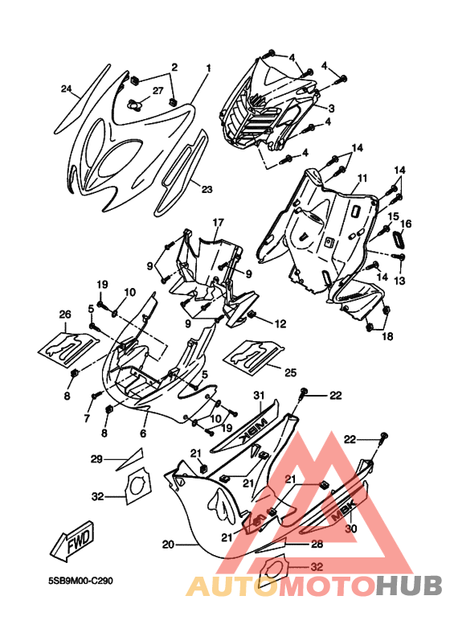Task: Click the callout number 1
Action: point(209,68)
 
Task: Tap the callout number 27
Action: point(158,90)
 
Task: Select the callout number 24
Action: point(67,88)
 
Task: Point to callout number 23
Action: point(207,189)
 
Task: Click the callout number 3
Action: point(332,108)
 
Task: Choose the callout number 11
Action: point(362,178)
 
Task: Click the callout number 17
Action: point(218,223)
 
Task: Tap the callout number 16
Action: point(406,224)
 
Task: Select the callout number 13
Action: point(400,281)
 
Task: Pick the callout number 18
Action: point(387,336)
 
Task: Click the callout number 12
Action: point(280,324)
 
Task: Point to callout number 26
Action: point(65,314)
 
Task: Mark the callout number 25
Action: point(291,372)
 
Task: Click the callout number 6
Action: point(143,434)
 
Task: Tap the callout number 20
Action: point(169,545)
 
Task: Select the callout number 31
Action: point(259,395)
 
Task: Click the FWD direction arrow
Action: point(72,540)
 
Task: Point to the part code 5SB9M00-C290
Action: point(80,581)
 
